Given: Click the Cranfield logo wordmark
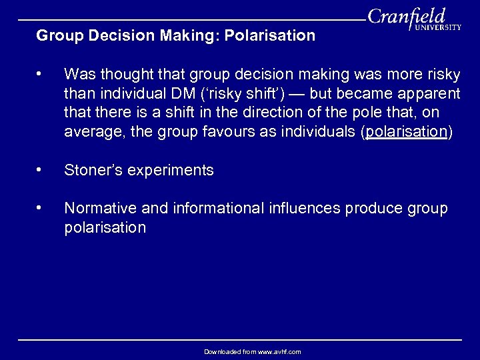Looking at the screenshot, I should [407, 17].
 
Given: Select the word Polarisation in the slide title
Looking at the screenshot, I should [276, 35].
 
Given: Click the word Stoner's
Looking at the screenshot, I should [94, 170].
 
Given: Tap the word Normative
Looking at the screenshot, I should [97, 209].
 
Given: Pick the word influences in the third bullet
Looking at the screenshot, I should [306, 209].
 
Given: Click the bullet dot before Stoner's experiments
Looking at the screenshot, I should [41, 170].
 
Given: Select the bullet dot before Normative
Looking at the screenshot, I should [41, 209].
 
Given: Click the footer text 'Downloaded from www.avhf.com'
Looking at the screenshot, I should [253, 351].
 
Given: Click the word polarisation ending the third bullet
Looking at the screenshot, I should [105, 227].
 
